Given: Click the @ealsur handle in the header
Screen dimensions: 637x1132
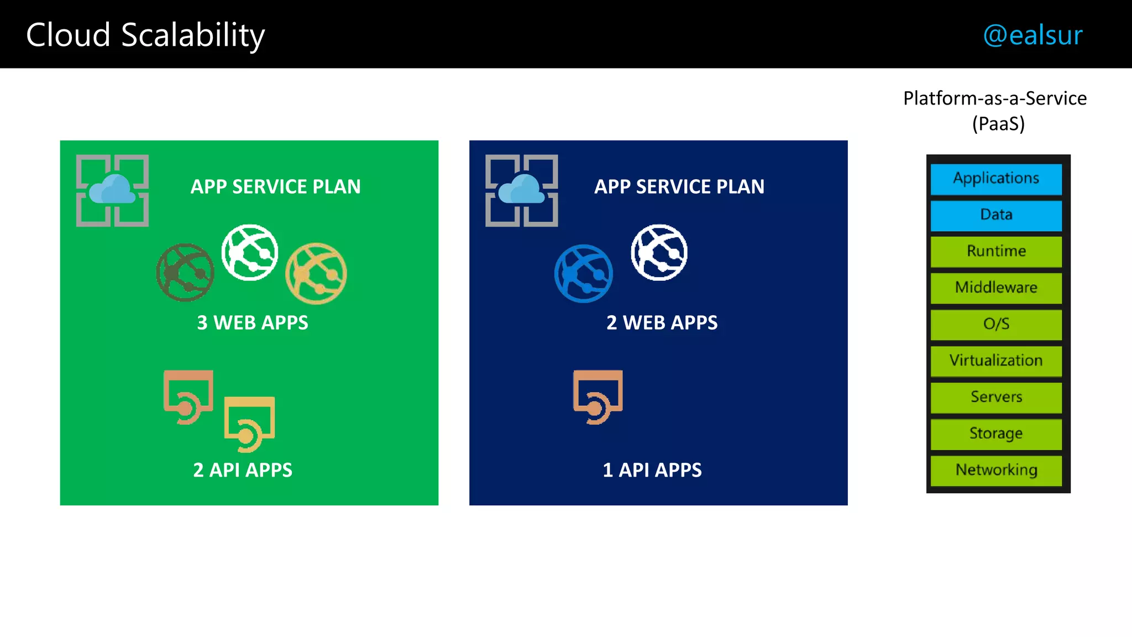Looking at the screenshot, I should pos(1033,35).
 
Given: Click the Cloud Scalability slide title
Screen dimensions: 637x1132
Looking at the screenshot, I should pos(145,35).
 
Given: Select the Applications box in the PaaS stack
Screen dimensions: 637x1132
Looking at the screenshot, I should pos(996,179).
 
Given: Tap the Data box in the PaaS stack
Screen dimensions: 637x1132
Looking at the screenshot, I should pos(996,215).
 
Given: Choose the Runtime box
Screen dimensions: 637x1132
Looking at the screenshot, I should pos(996,252).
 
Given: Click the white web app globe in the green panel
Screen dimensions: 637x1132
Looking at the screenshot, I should pos(250,253).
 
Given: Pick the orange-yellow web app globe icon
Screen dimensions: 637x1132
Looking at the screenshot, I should pos(316,274).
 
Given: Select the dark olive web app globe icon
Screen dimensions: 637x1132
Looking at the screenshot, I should pos(185,273).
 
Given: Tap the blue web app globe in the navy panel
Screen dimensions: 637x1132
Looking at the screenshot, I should pos(584,274).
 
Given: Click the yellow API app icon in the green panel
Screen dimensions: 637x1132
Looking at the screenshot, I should pos(249,424).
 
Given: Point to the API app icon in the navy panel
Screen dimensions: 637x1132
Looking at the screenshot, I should pos(598,396).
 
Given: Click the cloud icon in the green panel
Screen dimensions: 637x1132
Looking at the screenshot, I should pos(112,190).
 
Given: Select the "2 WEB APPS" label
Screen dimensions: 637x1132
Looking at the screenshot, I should pos(662,323).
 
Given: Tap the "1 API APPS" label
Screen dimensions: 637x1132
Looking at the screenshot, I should pos(652,470).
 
